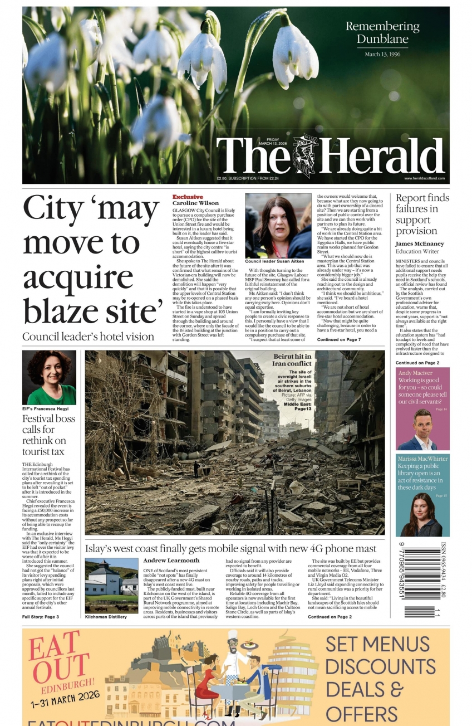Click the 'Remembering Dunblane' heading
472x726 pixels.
(x=382, y=32)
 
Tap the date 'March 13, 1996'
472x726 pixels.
(x=382, y=55)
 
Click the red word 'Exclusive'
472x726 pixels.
(x=188, y=197)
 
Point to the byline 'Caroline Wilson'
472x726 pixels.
(x=195, y=203)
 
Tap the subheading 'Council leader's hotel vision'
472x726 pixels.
(x=88, y=337)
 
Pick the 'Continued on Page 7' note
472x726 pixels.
(x=339, y=339)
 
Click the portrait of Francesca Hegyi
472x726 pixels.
(x=49, y=377)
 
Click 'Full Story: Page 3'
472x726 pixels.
(x=41, y=617)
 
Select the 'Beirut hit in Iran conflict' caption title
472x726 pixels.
(x=291, y=360)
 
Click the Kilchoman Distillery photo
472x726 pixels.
(x=111, y=586)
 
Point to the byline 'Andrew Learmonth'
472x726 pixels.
(x=171, y=561)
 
